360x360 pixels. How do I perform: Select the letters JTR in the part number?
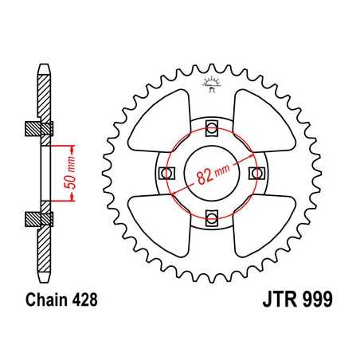coord(275,303)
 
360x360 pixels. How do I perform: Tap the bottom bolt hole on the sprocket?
coord(212,217)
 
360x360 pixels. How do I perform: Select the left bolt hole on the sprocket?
coord(166,172)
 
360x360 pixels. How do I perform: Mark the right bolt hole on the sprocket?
coord(257,172)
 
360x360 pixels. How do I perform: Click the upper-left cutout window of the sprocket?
coord(159,119)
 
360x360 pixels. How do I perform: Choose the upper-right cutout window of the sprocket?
coord(264,119)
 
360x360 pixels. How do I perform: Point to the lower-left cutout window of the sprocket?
coord(159,225)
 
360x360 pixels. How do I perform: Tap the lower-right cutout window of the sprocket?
coord(264,225)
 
